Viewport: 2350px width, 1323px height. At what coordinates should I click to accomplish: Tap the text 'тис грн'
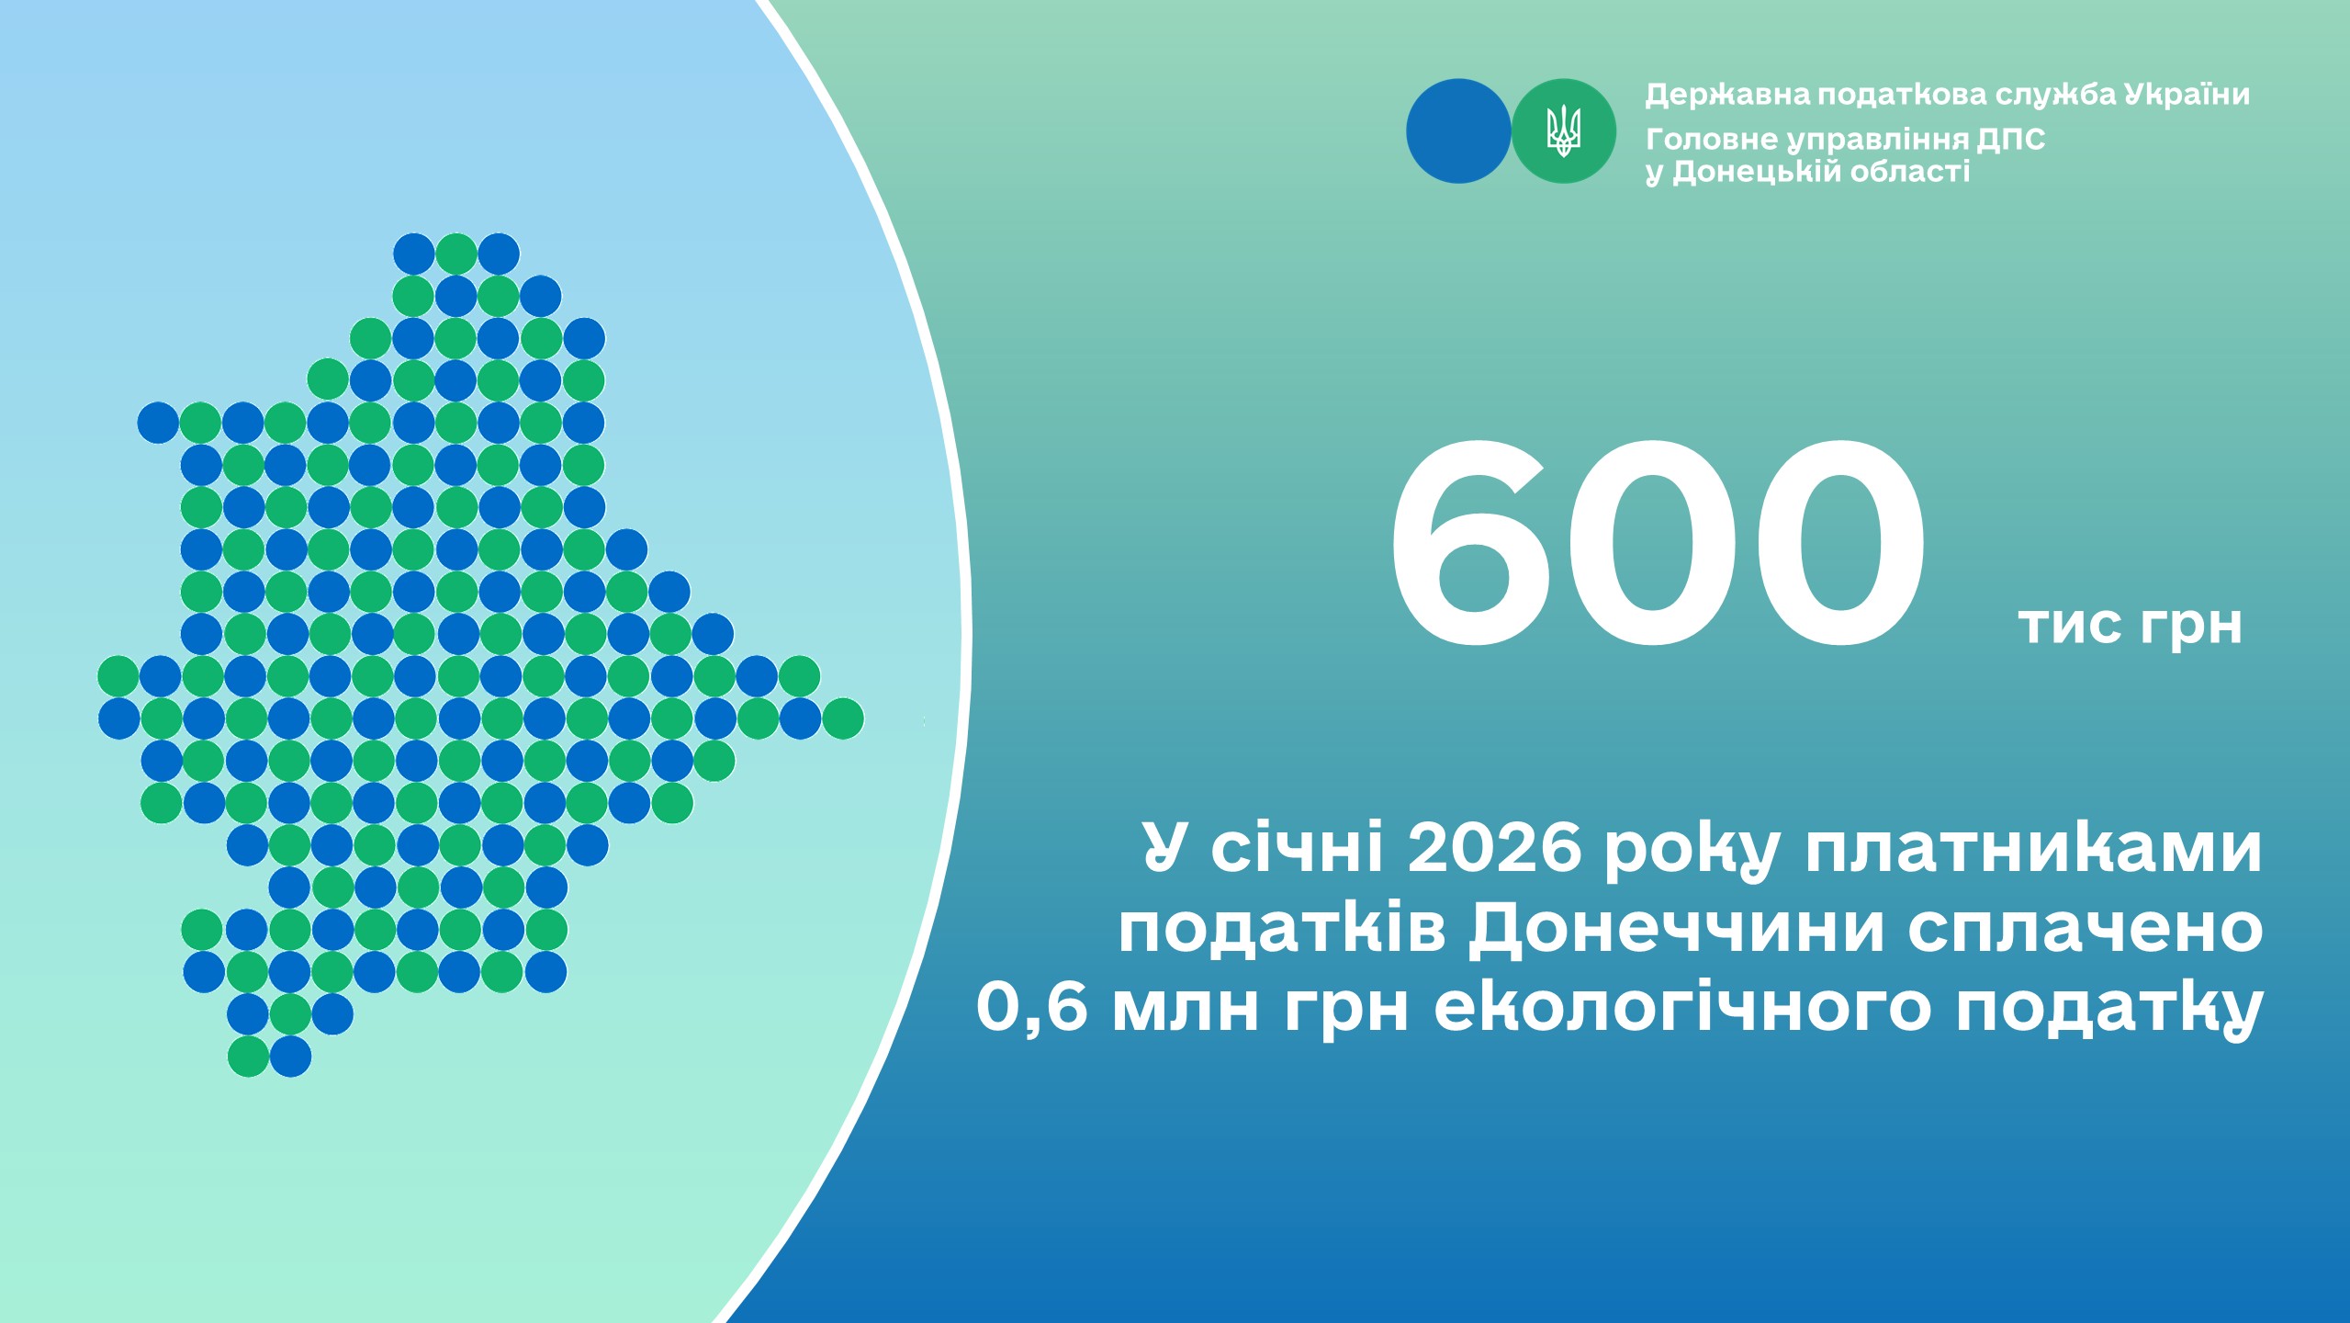(2131, 627)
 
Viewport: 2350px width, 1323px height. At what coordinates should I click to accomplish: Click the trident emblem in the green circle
(1563, 130)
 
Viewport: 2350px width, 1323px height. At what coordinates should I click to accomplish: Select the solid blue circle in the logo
(1458, 130)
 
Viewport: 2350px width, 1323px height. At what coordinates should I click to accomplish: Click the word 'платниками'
(2033, 850)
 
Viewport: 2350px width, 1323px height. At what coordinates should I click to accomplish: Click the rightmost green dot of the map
(842, 718)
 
